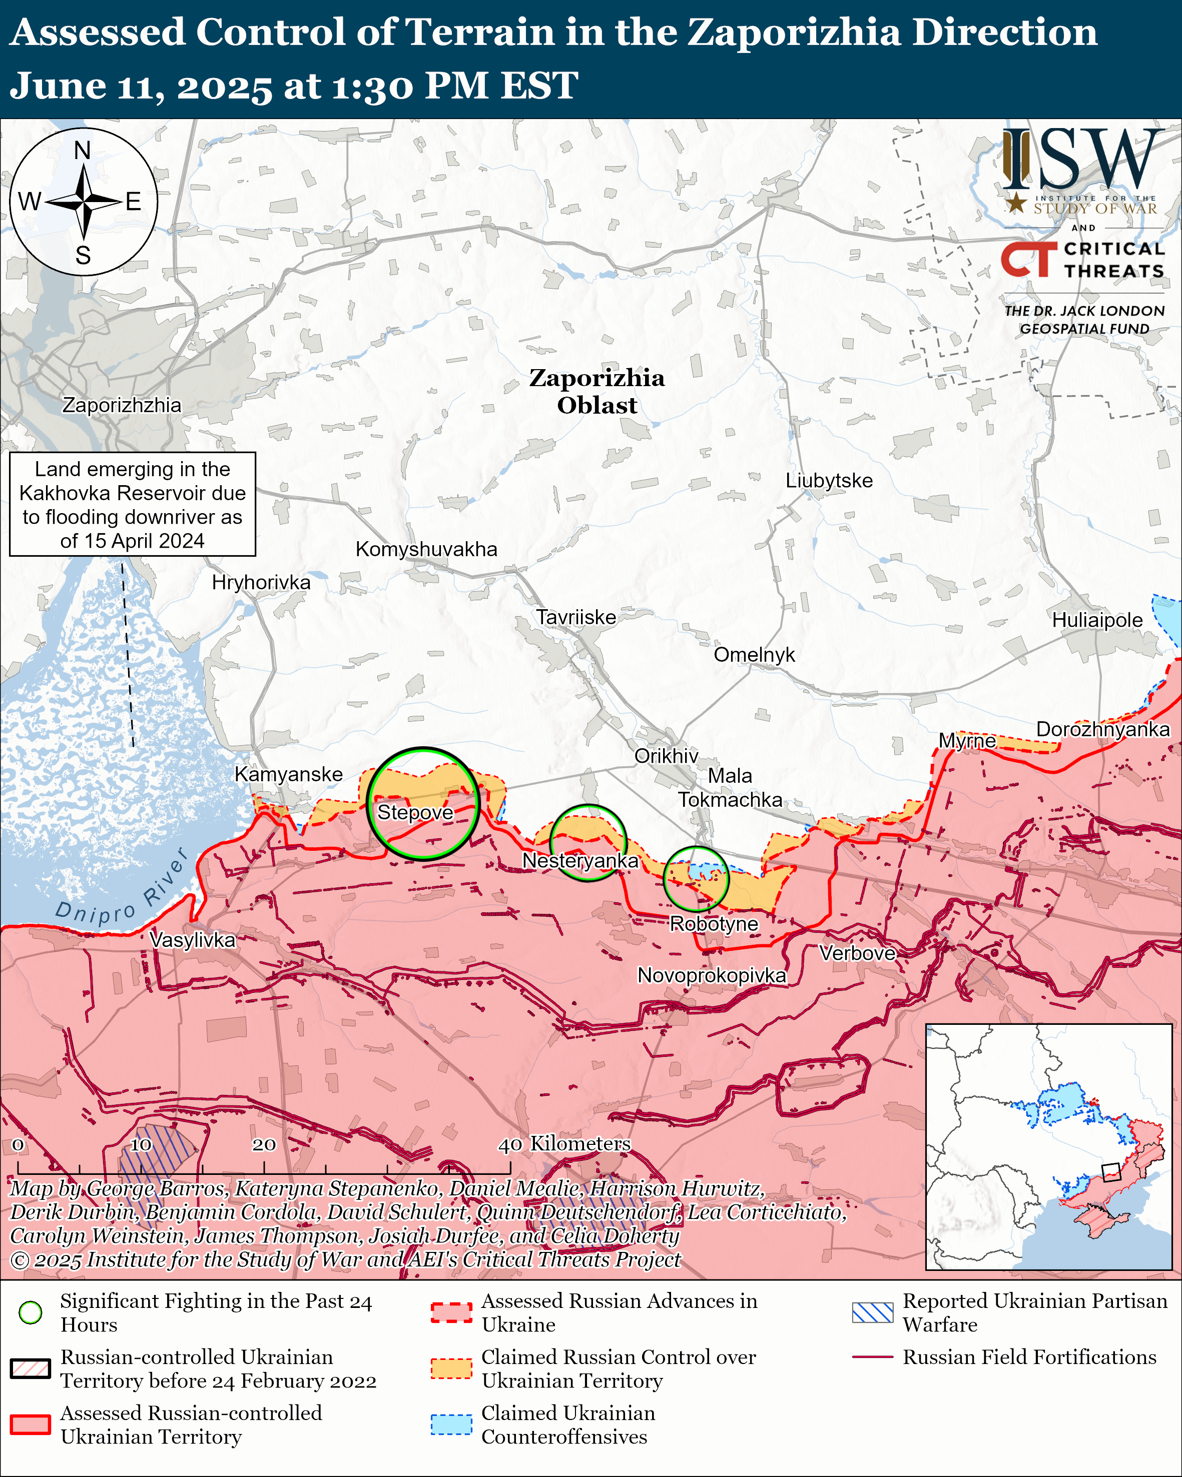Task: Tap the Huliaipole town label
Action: point(1096,620)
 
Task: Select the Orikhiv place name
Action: point(666,756)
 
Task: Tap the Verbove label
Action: point(857,953)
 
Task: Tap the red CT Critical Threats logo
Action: point(1028,260)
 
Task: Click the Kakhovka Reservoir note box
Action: point(132,504)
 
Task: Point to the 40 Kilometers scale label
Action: point(564,1143)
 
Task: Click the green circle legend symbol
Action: point(30,1312)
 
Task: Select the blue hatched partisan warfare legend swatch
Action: point(872,1312)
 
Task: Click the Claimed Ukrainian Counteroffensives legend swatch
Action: point(451,1424)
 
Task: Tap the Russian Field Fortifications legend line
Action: point(872,1357)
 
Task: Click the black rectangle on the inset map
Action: point(1111,1172)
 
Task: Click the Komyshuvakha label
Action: point(426,549)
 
